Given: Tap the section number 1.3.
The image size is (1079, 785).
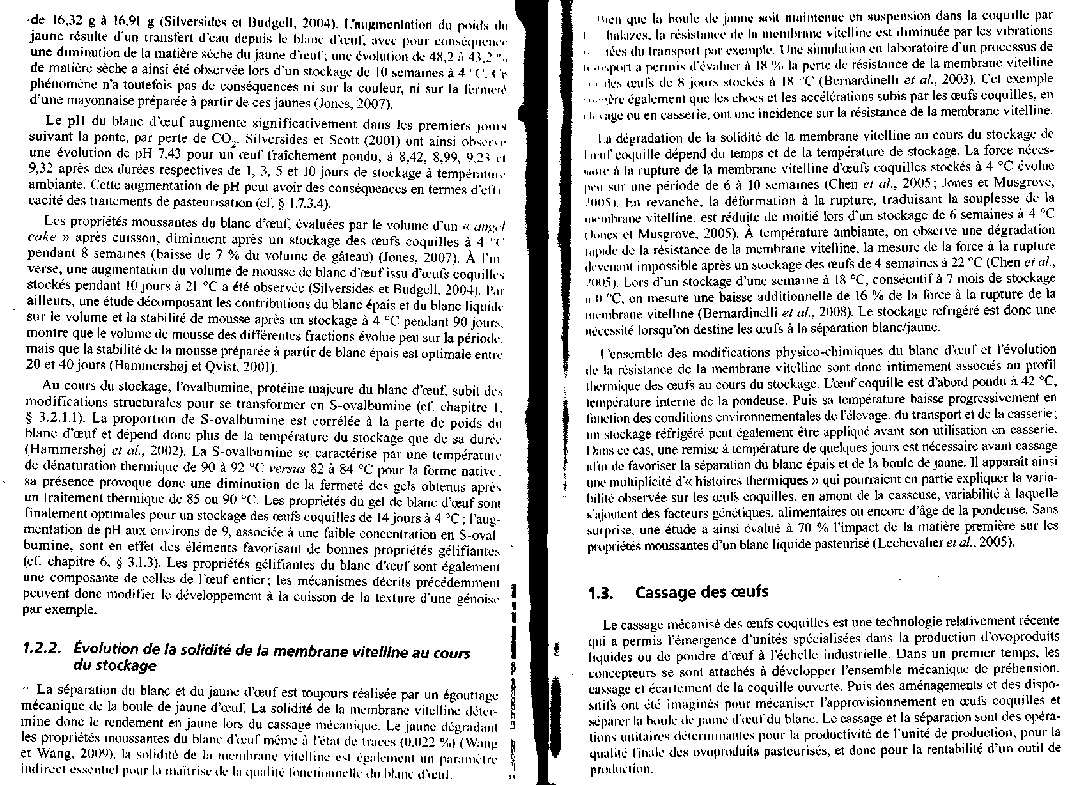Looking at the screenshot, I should click(602, 593).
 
